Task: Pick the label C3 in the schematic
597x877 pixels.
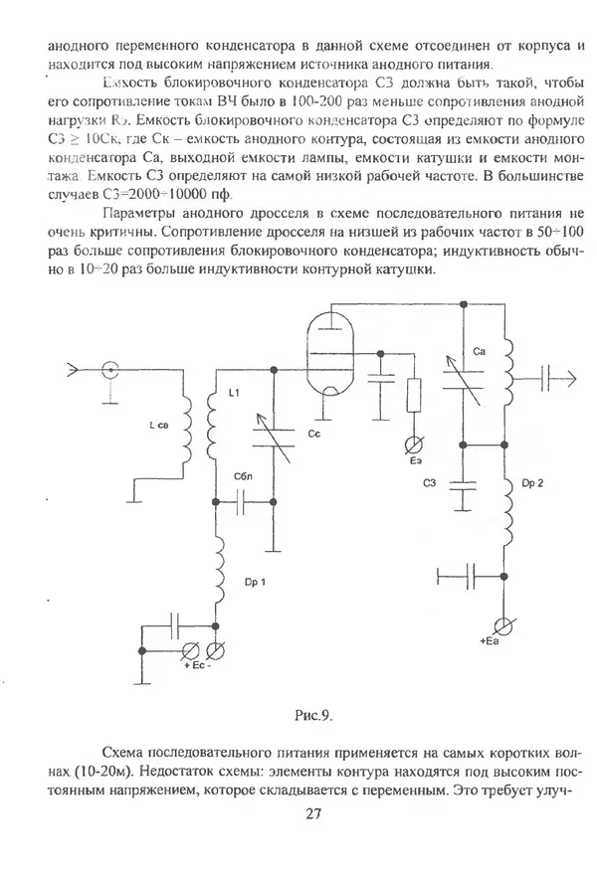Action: click(x=430, y=483)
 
